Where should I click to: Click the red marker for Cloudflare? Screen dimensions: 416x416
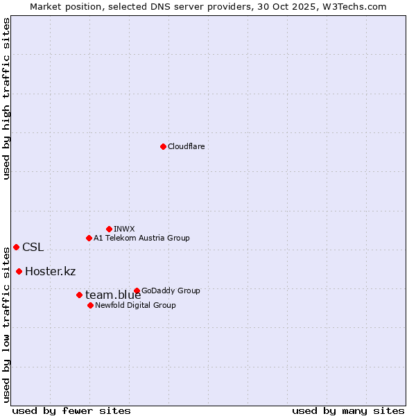tap(163, 146)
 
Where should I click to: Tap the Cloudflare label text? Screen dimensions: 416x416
tap(186, 146)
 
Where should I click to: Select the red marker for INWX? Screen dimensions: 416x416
tap(109, 229)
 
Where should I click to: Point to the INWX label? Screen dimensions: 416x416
tap(124, 229)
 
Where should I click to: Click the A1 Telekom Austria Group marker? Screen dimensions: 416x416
tap(89, 238)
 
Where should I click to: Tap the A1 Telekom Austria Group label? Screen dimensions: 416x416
tap(141, 238)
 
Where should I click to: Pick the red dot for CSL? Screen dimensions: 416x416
tap(16, 247)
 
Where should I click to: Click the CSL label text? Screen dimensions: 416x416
tap(33, 247)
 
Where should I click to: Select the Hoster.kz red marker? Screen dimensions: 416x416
tap(19, 271)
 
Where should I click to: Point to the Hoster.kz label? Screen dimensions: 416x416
tap(50, 271)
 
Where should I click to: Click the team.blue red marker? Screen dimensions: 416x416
tap(79, 295)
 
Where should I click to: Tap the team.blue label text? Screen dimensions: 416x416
tap(113, 295)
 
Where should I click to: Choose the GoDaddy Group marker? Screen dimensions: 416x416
tap(137, 291)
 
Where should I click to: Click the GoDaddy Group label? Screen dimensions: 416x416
tap(171, 291)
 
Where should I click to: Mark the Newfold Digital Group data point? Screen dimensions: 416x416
tap(90, 305)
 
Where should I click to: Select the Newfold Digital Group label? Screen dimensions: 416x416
tap(135, 305)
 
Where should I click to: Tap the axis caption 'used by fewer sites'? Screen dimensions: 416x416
tap(71, 410)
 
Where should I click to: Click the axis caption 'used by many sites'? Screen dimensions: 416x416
tap(347, 410)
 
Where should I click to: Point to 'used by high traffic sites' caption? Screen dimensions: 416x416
tap(6, 98)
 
